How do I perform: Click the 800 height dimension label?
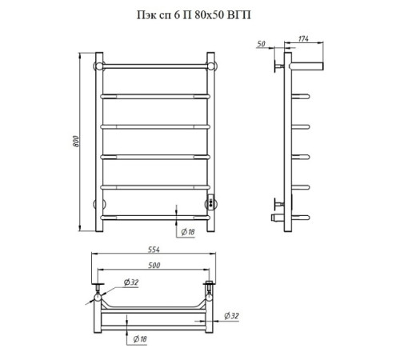click(x=76, y=142)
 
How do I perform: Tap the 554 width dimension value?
click(x=154, y=250)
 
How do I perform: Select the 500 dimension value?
click(x=154, y=265)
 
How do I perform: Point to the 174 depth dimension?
click(x=303, y=38)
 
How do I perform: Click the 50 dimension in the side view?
click(x=262, y=44)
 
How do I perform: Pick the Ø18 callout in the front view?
click(x=188, y=232)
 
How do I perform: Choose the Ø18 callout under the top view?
click(x=140, y=339)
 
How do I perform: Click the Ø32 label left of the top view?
click(x=131, y=282)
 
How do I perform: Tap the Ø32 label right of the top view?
click(x=231, y=316)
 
